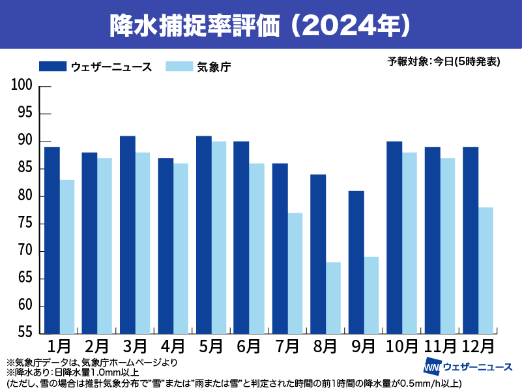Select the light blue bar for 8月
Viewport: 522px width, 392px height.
point(333,297)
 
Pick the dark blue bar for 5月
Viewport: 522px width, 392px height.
point(204,235)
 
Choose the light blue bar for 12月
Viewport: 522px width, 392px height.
point(485,270)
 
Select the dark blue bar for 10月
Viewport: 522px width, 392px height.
point(394,237)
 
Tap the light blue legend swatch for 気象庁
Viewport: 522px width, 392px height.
point(179,66)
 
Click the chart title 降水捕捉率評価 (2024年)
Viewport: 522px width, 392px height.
point(261,25)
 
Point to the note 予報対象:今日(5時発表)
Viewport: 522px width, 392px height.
point(444,62)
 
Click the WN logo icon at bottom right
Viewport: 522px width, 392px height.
point(433,366)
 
